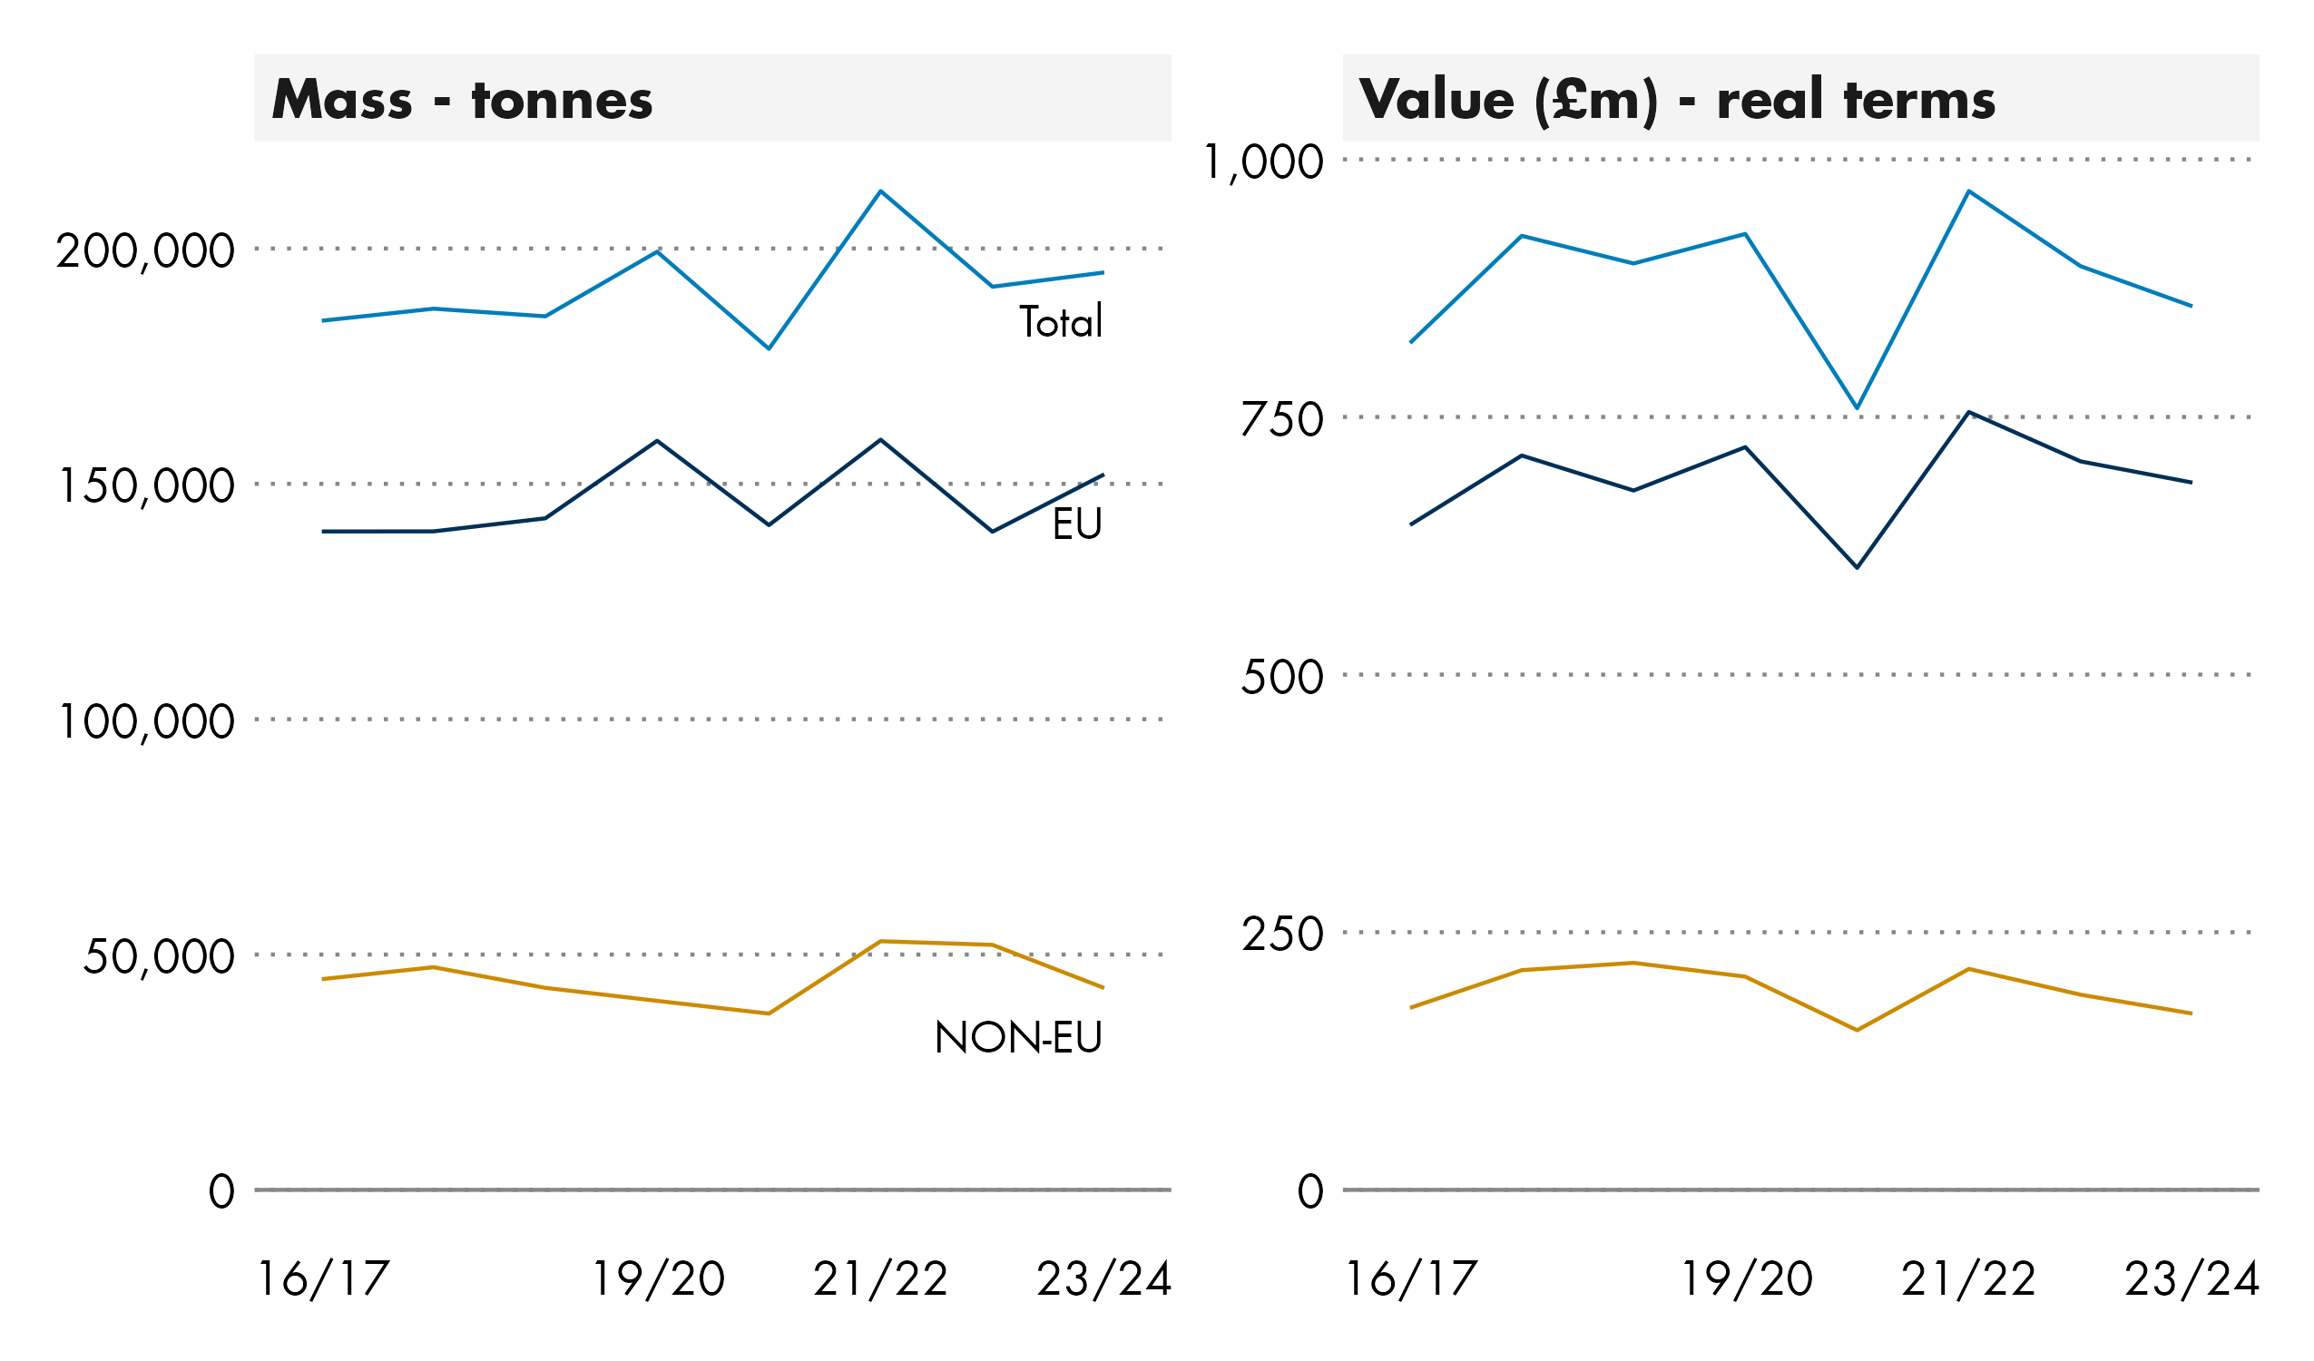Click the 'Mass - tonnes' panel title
(462, 99)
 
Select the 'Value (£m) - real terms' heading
(1677, 99)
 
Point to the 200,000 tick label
(145, 251)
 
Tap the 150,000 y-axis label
(145, 486)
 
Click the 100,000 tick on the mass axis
(145, 722)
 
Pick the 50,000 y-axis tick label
(158, 957)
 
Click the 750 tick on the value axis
(1282, 421)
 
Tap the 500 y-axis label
(1282, 678)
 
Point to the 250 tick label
(1282, 935)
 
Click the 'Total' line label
(1061, 322)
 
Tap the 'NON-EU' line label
(1017, 1039)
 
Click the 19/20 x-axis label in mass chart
(658, 1279)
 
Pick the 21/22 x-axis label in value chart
(1969, 1279)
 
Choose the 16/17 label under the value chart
(1410, 1279)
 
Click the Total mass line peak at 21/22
(880, 191)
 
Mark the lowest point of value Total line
(1857, 407)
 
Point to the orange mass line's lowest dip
(769, 1013)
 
